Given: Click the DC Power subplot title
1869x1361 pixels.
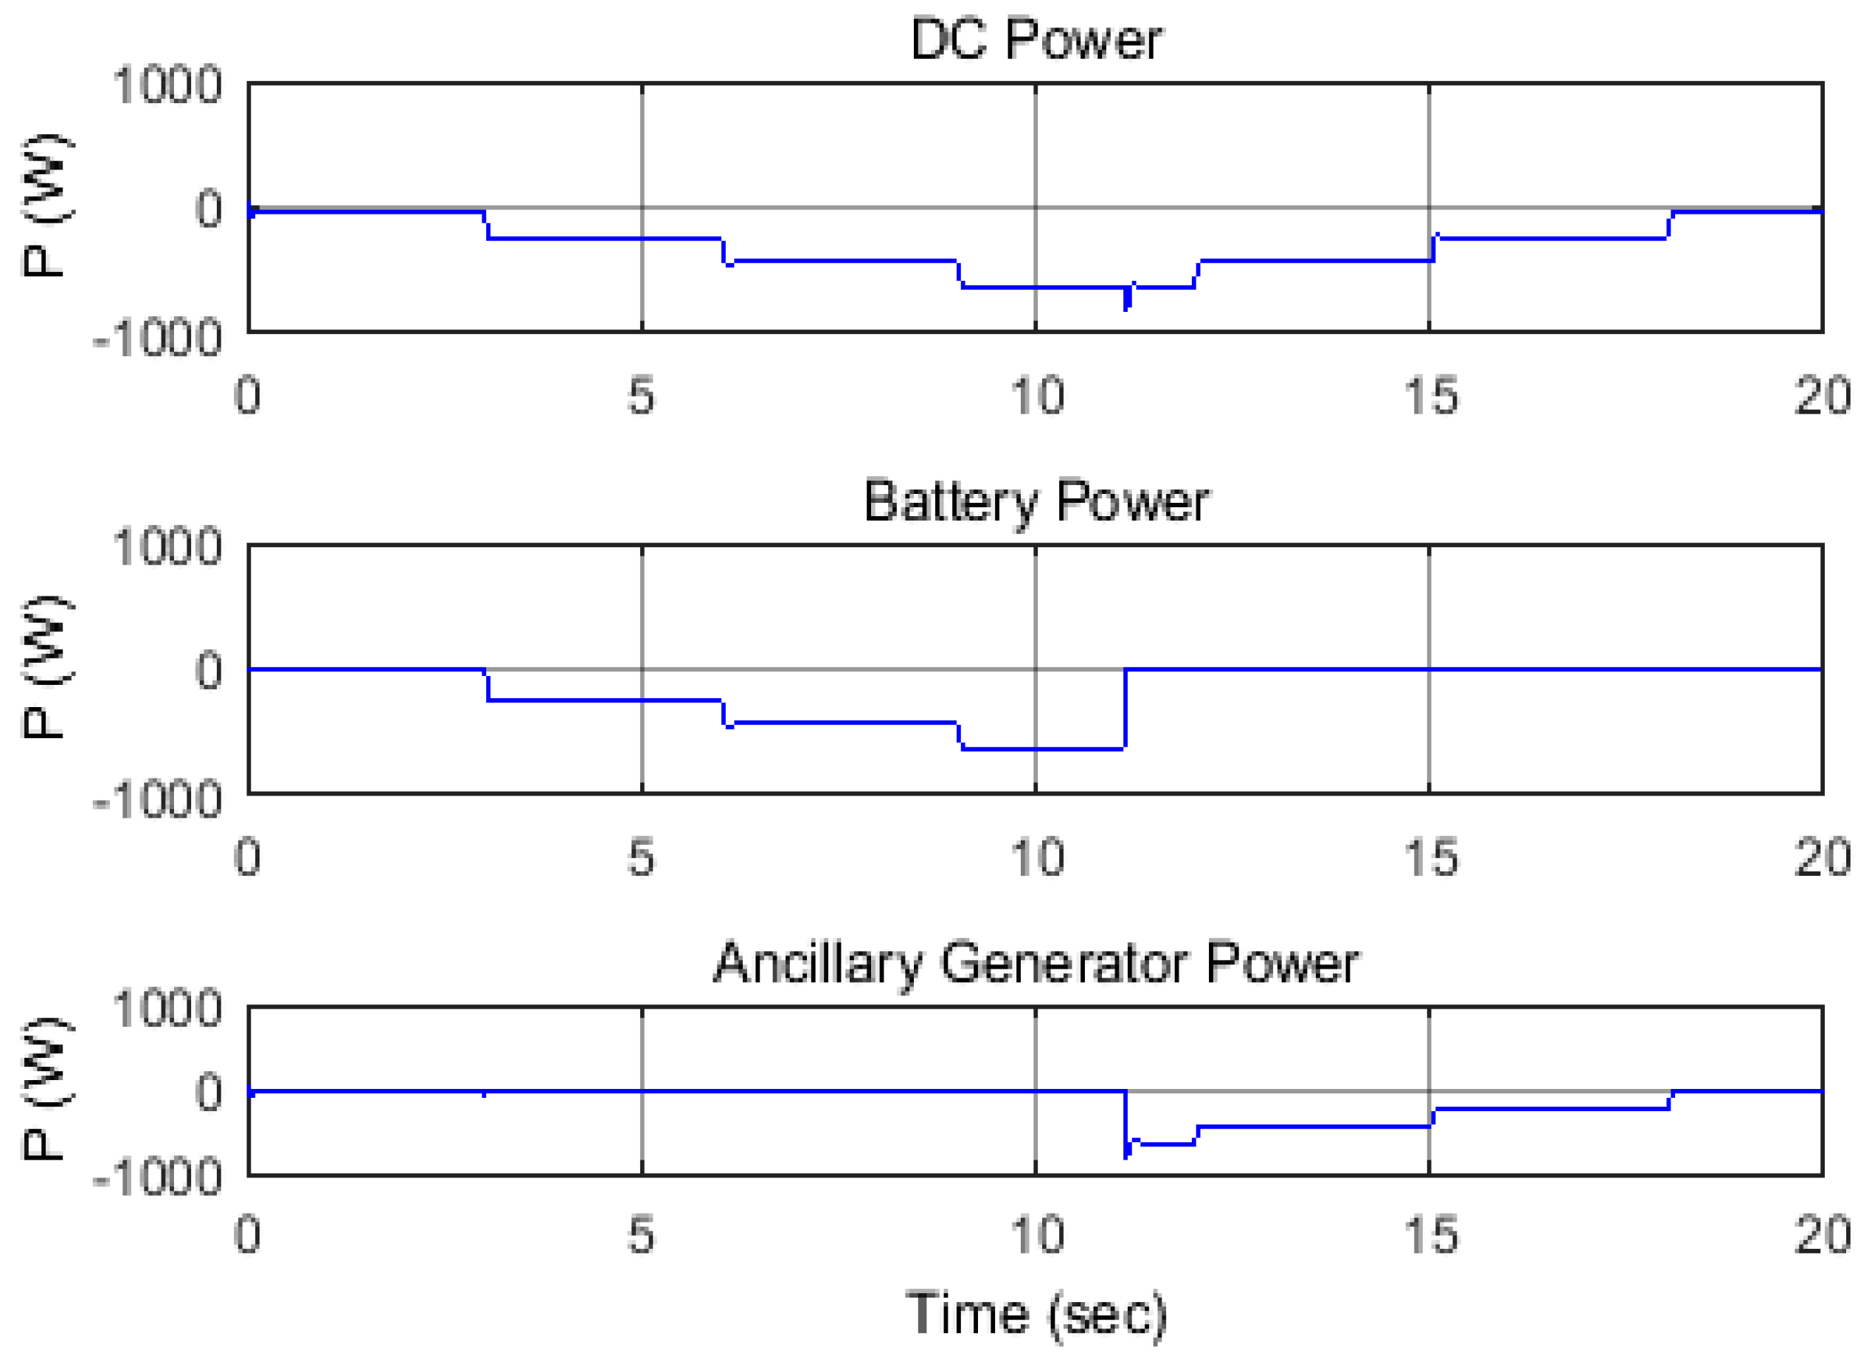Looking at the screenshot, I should [x=1035, y=39].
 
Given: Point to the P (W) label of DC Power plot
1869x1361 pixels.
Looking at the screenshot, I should [x=45, y=206].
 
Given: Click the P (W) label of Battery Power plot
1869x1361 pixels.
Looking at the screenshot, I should [x=45, y=667].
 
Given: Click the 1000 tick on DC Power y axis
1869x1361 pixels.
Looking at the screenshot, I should [x=167, y=84].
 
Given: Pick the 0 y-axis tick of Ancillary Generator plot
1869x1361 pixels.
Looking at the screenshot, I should [x=208, y=1092].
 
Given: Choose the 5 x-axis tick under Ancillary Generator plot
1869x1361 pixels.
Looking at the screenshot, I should [x=641, y=1236].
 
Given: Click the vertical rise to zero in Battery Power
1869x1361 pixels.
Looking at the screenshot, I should [x=1125, y=709].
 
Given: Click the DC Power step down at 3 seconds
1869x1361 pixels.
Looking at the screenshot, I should [x=486, y=226].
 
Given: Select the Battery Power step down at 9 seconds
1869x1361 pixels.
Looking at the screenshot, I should [x=960, y=737].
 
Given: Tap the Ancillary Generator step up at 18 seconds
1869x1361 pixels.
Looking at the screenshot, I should [x=1671, y=1100].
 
